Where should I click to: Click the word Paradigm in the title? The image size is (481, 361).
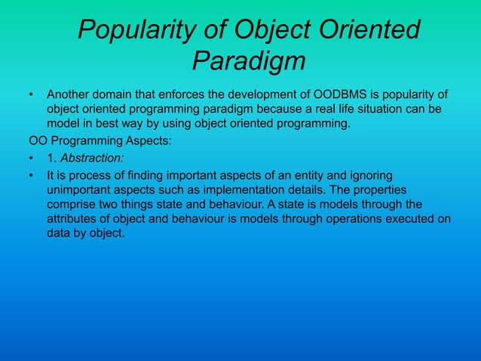pos(249,60)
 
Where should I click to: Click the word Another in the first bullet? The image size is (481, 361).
pos(71,95)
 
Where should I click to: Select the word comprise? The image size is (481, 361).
pos(74,205)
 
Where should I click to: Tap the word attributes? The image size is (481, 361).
pos(74,219)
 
